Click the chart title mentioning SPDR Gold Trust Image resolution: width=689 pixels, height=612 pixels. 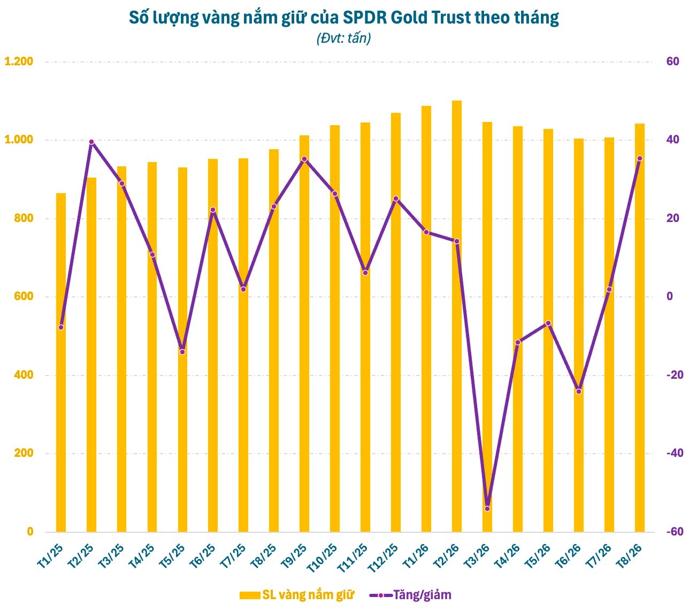(343, 18)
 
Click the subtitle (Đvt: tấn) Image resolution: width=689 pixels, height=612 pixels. (343, 38)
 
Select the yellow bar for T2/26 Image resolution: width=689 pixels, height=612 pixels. (457, 316)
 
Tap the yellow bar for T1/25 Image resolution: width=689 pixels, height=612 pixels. (61, 363)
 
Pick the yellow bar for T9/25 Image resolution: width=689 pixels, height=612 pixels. (304, 334)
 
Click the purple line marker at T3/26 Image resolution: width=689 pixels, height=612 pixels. (487, 509)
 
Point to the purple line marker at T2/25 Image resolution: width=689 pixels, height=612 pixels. (91, 142)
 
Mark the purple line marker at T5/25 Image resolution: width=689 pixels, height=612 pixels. (182, 352)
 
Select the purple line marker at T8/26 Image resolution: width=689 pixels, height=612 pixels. (639, 158)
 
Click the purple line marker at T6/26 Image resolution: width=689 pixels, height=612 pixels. (579, 391)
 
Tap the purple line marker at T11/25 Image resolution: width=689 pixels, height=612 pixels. (365, 272)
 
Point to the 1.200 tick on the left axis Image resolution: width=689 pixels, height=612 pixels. (19, 62)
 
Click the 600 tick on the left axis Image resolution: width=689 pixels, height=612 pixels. (24, 296)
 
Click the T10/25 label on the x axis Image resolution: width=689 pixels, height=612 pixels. (321, 558)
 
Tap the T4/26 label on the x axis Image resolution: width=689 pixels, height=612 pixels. (507, 556)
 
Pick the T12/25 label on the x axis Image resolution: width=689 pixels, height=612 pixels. (382, 558)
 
